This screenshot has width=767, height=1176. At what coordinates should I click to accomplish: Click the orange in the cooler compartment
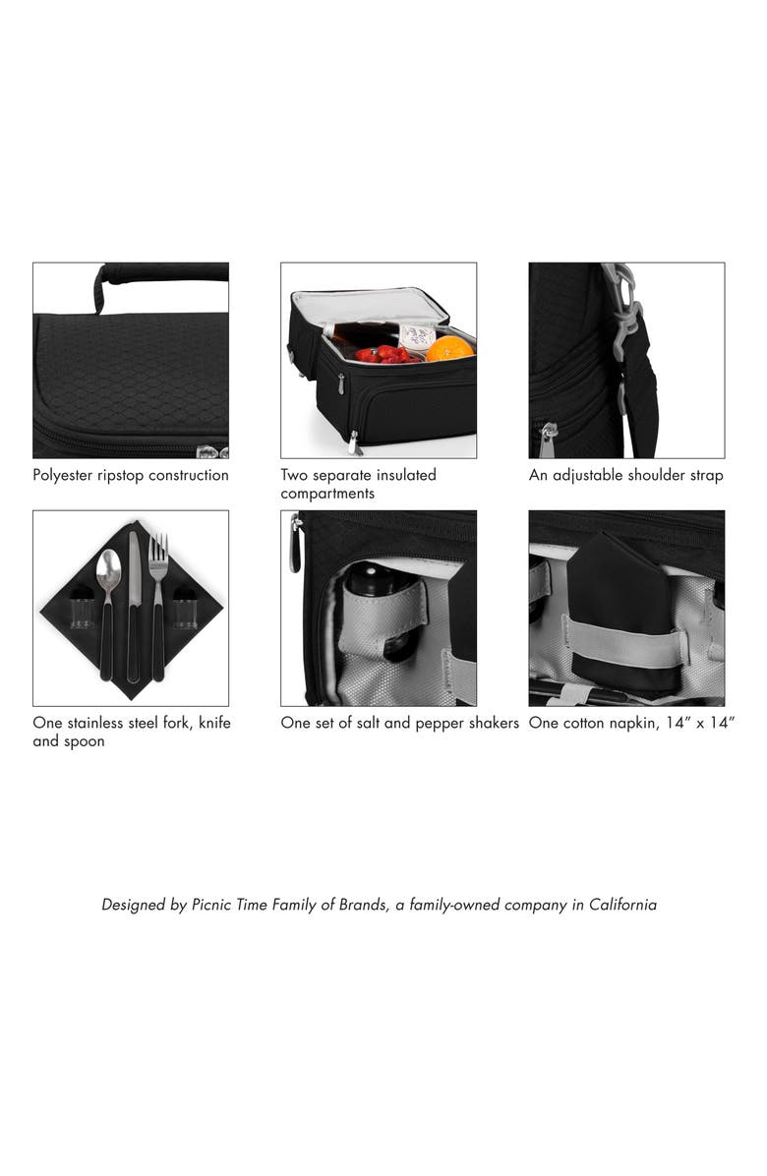click(449, 348)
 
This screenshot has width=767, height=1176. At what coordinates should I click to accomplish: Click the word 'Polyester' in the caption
click(62, 476)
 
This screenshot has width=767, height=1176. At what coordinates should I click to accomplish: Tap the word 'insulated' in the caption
click(406, 475)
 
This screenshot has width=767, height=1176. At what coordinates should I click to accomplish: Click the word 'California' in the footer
click(622, 905)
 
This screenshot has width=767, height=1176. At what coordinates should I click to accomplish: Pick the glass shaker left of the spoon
click(82, 610)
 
